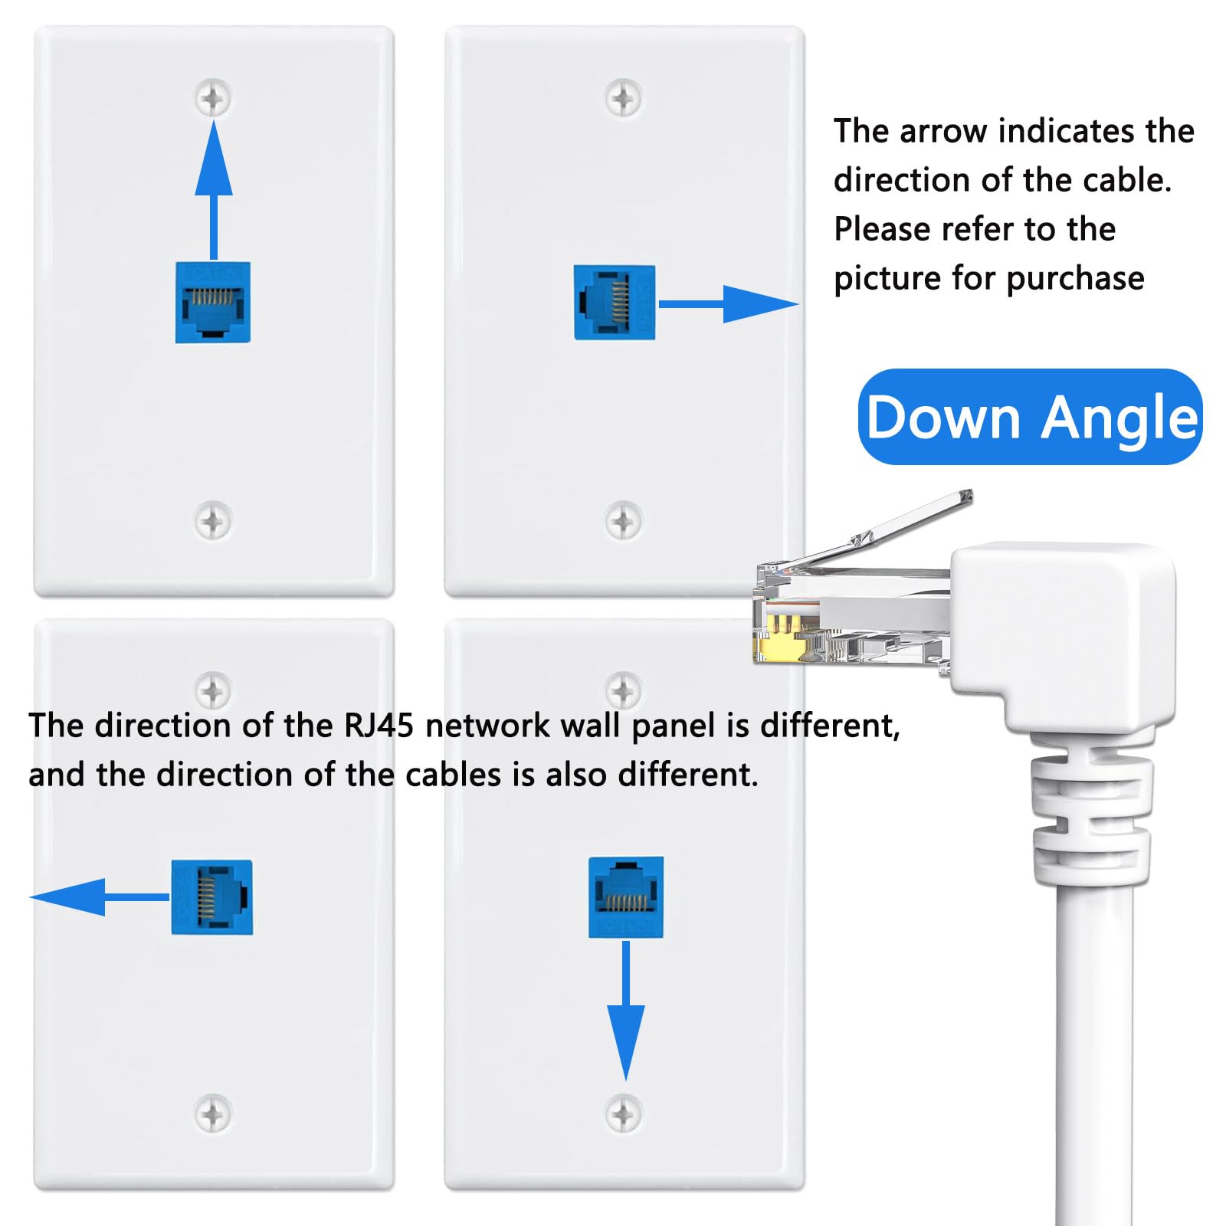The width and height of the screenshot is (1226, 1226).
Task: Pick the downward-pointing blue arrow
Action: coord(626,1019)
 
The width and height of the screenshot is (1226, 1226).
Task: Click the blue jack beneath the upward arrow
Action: coord(213,303)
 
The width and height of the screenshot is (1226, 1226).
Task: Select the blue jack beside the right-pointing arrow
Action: coord(615,303)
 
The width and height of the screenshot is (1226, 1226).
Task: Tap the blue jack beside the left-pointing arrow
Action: coord(211,897)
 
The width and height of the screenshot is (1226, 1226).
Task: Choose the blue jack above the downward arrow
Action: coord(626,897)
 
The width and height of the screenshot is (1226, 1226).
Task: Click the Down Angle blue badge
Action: coord(1030,418)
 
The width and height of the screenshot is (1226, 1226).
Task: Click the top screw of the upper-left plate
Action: coord(213,98)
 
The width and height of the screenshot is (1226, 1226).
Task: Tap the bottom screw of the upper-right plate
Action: coord(624,521)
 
